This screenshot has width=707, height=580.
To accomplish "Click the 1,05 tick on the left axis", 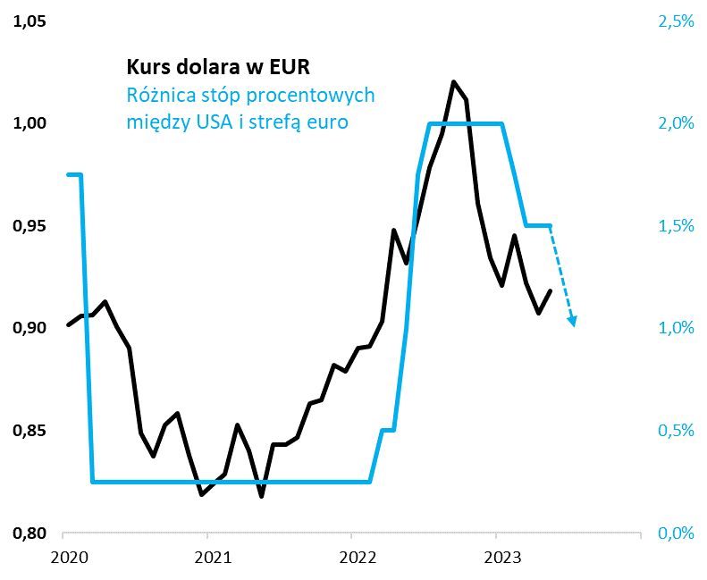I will [x=28, y=21].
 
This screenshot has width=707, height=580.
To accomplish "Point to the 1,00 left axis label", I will [x=28, y=123].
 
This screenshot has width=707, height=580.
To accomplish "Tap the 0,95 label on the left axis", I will [x=28, y=226].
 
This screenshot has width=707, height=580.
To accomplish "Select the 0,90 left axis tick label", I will [x=28, y=329].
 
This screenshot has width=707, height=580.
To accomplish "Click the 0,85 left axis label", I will [x=28, y=432].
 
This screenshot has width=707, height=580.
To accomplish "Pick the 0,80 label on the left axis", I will [x=28, y=534].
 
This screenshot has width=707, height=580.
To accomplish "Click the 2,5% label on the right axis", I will [x=676, y=21].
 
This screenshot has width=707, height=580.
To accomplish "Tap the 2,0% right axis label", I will [x=676, y=123].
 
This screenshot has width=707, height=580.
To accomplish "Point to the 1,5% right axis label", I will [x=676, y=226].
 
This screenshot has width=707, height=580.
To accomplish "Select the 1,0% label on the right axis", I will [x=676, y=329].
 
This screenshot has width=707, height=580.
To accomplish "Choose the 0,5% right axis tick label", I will [x=676, y=432].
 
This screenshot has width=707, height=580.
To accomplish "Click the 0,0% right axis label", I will [x=676, y=534].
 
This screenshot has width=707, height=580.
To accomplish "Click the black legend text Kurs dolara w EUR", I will [x=219, y=67].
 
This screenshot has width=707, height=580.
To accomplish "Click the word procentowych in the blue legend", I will [x=314, y=95].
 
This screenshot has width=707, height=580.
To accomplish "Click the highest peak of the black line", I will [x=454, y=82].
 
